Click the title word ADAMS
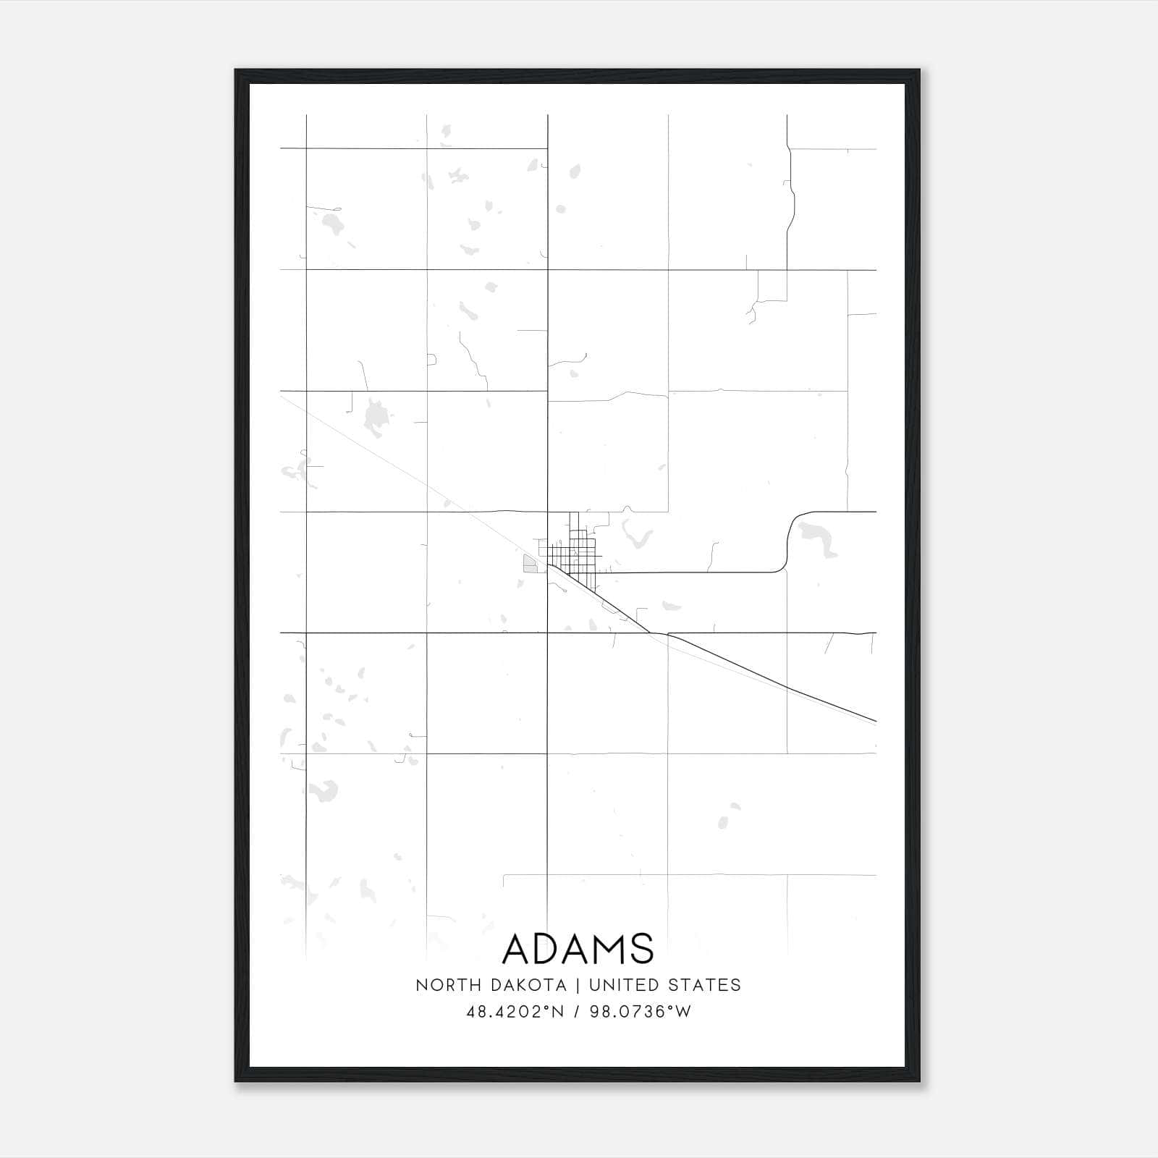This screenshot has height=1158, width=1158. [578, 949]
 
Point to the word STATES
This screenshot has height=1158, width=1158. [704, 985]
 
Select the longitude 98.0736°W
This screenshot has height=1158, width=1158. [641, 1012]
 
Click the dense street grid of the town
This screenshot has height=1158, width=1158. [572, 554]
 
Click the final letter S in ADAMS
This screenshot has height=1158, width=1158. [641, 949]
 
